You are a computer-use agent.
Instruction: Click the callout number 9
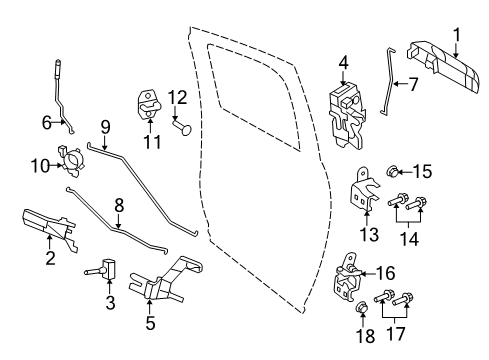click(104, 126)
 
